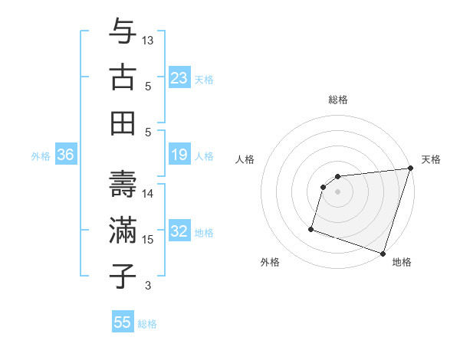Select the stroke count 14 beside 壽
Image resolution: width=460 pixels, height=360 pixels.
tap(149, 194)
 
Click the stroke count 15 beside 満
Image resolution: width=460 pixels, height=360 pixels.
tap(149, 240)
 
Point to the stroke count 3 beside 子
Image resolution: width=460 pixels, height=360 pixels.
tap(148, 286)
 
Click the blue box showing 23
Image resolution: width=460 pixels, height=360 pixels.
tap(179, 77)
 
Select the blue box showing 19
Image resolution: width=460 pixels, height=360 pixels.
tap(179, 155)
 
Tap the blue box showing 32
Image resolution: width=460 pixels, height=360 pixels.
tap(179, 231)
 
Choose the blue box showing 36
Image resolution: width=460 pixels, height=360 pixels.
tap(66, 155)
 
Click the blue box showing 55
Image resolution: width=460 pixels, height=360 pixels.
tap(123, 322)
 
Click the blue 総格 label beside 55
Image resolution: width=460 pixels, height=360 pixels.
tap(147, 324)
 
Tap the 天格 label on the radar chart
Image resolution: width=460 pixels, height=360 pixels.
tap(431, 159)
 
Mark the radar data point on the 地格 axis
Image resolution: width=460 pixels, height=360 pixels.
tap(383, 253)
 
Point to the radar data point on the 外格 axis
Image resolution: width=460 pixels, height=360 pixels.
tap(311, 228)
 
